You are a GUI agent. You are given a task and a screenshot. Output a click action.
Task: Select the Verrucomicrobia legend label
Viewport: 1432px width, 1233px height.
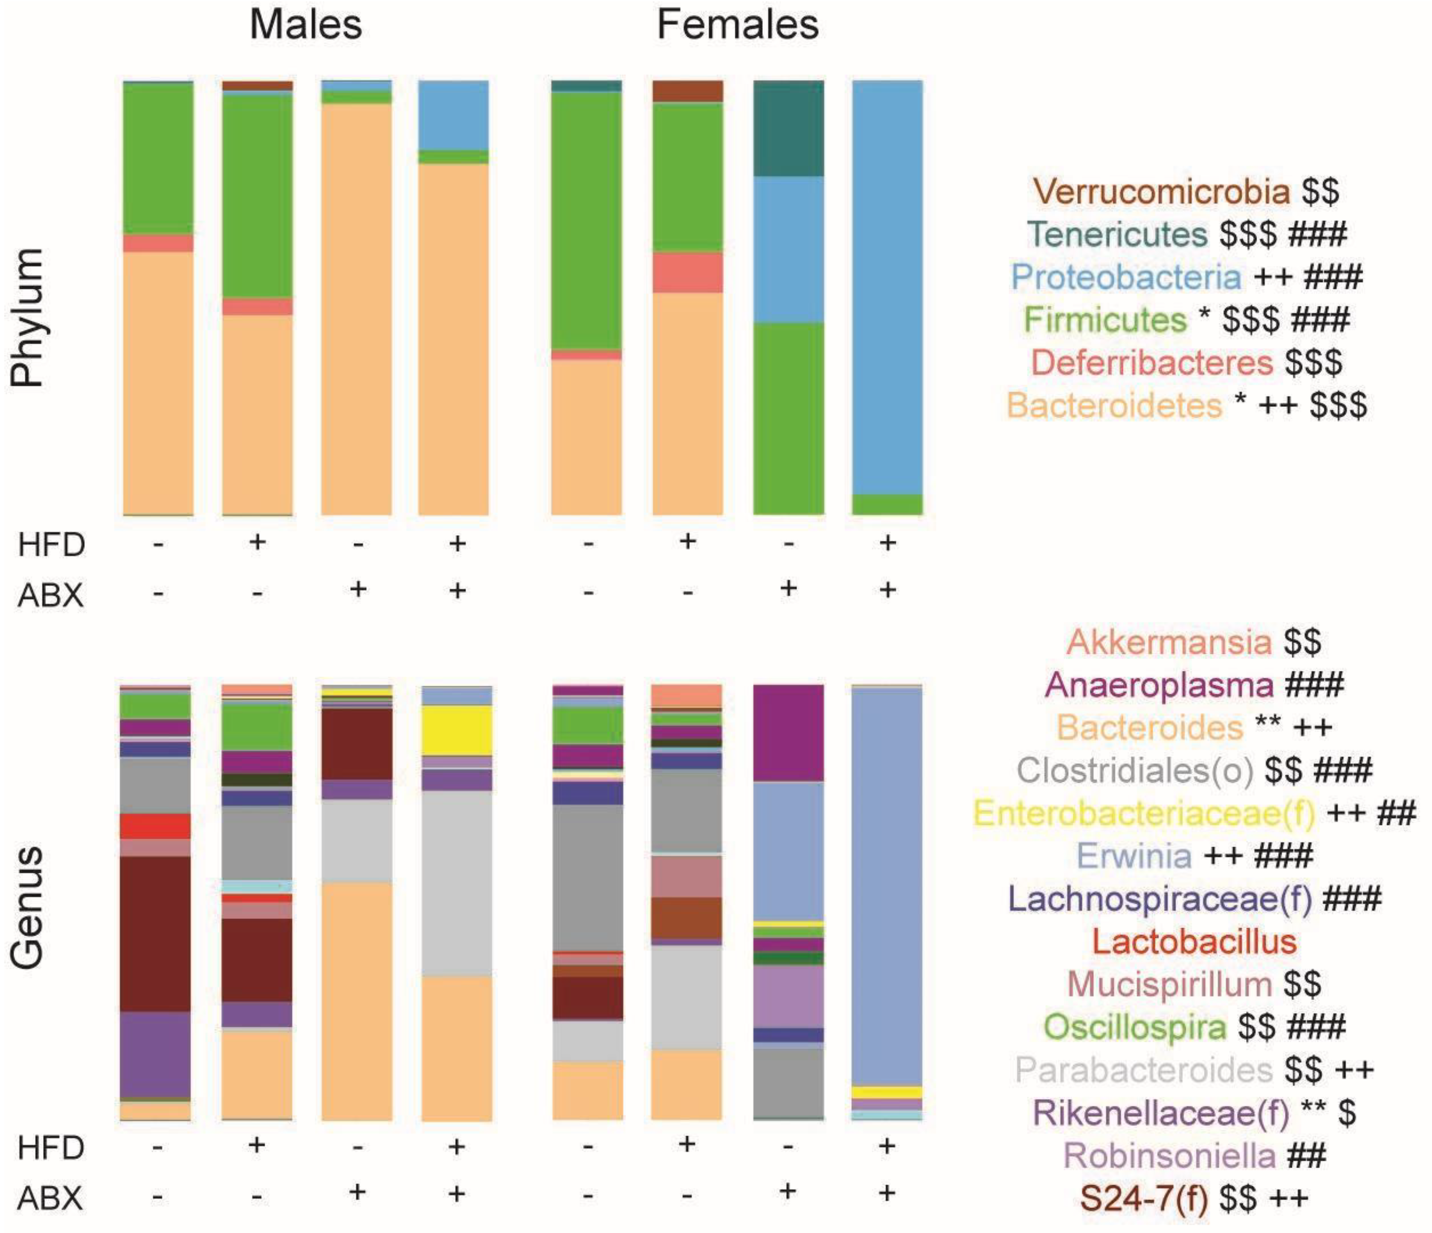[1161, 191]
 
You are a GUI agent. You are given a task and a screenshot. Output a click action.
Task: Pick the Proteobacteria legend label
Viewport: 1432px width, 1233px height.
[1127, 277]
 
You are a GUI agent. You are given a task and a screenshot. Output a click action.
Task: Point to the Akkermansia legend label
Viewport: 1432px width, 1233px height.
[1169, 642]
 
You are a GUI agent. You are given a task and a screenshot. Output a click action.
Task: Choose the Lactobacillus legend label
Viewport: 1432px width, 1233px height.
[1194, 941]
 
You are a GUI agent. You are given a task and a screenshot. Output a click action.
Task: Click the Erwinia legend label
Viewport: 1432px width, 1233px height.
[1134, 856]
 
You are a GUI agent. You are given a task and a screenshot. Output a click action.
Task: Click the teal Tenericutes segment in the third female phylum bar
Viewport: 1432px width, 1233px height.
[788, 128]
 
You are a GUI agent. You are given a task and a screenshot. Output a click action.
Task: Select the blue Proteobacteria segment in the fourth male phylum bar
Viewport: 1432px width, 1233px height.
[453, 115]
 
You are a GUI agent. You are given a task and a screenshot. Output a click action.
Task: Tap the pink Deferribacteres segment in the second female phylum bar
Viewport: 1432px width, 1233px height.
[688, 272]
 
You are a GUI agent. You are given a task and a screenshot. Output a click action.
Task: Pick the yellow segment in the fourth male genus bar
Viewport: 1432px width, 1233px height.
[457, 730]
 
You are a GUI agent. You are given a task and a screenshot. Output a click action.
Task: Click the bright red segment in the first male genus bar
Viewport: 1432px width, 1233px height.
[156, 826]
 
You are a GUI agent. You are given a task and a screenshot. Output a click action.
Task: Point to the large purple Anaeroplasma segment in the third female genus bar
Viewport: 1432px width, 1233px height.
[788, 733]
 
